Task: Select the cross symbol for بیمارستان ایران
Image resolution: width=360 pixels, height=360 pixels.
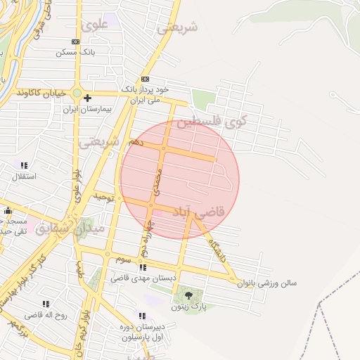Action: coord(87,98)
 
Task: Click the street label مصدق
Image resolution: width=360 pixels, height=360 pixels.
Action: coord(157,181)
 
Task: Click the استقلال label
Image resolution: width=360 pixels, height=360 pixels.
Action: coord(25,175)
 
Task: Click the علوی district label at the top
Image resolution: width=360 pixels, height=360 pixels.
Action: coord(94,25)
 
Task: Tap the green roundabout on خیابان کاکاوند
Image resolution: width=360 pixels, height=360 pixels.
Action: coord(76,92)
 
